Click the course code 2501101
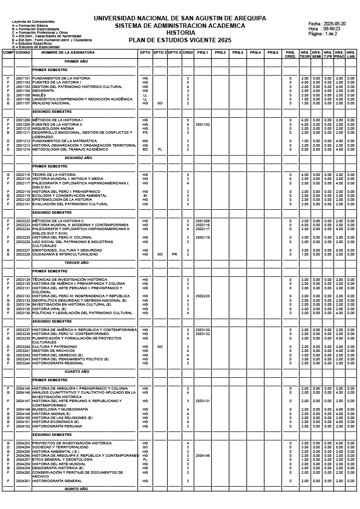pyautogui.click(x=22, y=79)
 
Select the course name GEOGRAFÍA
pyautogui.click(x=43, y=91)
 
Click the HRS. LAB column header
pyautogui.click(x=351, y=54)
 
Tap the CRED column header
pyautogui.click(x=188, y=52)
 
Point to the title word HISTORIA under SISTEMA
pyautogui.click(x=180, y=33)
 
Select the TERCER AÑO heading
pyautogui.click(x=77, y=262)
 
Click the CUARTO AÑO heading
pyautogui.click(x=77, y=371)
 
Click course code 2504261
pyautogui.click(x=22, y=481)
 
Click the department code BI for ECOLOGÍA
pyautogui.click(x=145, y=196)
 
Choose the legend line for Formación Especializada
pyautogui.click(x=35, y=29)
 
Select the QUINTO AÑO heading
pyautogui.click(x=77, y=489)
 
